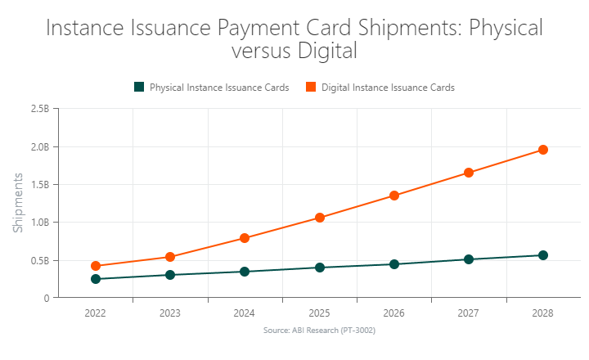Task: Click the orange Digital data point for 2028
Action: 542,150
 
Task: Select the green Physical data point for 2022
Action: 96,279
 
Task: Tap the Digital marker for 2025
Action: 320,218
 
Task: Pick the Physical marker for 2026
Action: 394,264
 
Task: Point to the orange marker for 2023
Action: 170,257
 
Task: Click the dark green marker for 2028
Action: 542,255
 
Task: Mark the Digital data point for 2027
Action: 469,173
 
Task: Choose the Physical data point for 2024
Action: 245,272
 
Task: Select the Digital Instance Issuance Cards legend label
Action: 388,88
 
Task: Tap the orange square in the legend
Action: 311,87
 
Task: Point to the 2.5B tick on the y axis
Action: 39,109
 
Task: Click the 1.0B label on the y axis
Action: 39,223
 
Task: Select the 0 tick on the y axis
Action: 47,299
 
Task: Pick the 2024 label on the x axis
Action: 245,313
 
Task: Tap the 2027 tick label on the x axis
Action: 469,313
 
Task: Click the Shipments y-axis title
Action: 18,203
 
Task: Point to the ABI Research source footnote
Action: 319,330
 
